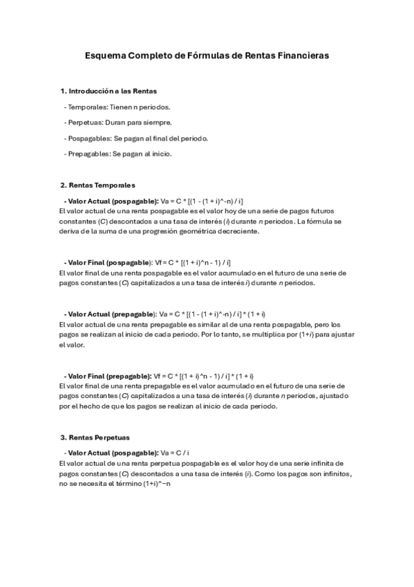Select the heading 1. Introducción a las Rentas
[x=109, y=91]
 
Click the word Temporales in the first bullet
[x=87, y=107]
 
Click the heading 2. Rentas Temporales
[x=97, y=185]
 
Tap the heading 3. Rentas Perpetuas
[x=95, y=437]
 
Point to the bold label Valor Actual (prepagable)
[x=111, y=314]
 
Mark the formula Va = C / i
[x=175, y=452]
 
